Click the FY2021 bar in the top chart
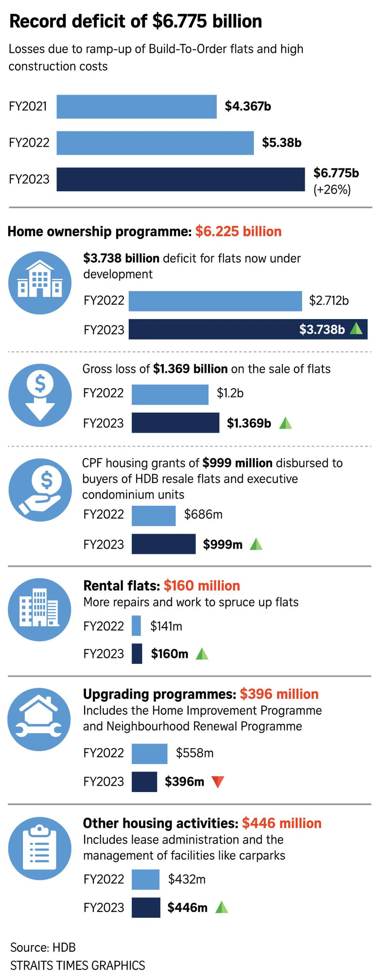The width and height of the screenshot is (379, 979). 136,106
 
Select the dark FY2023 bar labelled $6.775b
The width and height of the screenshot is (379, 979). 181,179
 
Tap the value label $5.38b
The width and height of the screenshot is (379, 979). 281,143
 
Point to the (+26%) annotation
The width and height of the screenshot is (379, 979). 332,189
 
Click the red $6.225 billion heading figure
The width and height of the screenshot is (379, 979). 238,232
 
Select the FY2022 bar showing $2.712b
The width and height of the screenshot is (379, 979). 215,301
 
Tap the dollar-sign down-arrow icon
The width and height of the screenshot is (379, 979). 40,395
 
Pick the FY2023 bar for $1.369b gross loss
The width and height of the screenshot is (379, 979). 176,423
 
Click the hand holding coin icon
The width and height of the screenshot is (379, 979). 40,490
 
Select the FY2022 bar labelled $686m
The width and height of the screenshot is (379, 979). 153,516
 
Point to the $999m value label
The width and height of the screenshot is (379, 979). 223,544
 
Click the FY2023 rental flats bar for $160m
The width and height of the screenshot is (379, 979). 137,653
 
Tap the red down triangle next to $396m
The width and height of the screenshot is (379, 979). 217,782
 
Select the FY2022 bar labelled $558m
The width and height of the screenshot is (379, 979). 149,753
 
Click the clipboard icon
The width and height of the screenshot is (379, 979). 40,848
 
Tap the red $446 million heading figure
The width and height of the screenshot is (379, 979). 282,823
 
